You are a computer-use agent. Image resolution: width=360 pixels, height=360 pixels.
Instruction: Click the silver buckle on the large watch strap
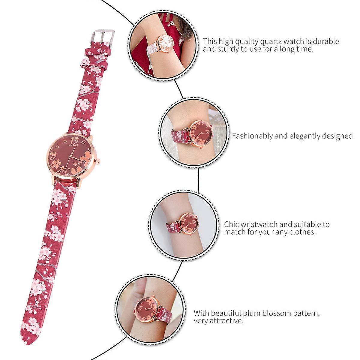(x=103, y=36)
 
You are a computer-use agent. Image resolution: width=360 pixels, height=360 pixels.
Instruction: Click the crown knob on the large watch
(x=97, y=161)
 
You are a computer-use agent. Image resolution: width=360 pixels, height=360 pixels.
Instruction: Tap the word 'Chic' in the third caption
(x=231, y=224)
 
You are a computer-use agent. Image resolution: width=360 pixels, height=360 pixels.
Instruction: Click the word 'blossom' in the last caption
(x=277, y=313)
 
